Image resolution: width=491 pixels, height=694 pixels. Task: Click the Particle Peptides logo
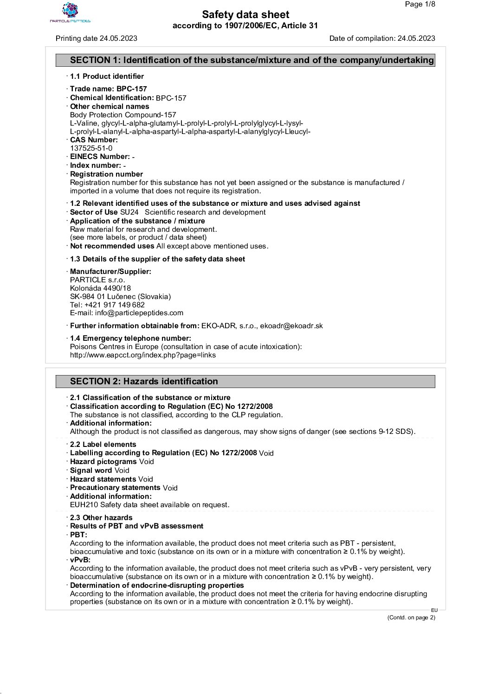point(70,13)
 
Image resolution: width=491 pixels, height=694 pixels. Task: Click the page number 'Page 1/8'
point(420,5)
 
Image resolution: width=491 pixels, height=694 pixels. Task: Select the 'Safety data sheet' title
point(245,15)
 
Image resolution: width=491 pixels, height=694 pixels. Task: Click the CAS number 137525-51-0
point(91,148)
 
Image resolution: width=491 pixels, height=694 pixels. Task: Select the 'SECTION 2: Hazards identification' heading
point(144,382)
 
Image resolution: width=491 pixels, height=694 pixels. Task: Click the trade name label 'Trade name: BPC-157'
point(109,89)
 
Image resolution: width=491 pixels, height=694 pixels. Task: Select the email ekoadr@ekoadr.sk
point(291,326)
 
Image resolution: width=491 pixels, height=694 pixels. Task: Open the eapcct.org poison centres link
point(142,356)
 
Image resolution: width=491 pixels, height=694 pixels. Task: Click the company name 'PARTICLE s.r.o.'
point(97,280)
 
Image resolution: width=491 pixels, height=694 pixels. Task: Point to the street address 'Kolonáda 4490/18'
point(100,288)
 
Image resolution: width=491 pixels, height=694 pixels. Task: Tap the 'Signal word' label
point(91,471)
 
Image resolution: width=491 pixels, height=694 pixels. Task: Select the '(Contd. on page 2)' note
point(411,618)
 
